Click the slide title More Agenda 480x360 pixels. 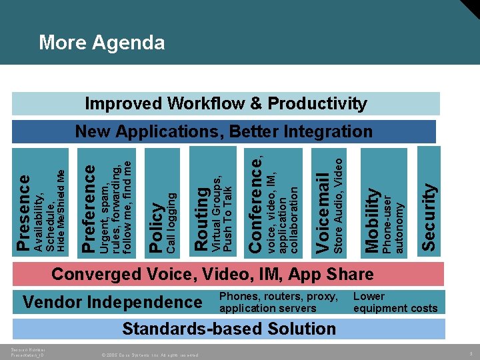click(101, 43)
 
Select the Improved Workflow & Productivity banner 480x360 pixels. click(226, 103)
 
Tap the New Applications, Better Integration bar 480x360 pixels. click(223, 131)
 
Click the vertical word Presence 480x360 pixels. click(23, 213)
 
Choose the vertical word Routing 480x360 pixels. click(201, 219)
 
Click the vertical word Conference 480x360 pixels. click(256, 203)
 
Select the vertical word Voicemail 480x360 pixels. click(323, 213)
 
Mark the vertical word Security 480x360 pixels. click(430, 217)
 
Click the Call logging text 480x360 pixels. click(171, 223)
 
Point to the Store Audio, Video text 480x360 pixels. click(338, 205)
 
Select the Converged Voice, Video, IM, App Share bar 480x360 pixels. click(212, 274)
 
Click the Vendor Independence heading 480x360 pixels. click(112, 302)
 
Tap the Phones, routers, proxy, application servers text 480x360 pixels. click(279, 302)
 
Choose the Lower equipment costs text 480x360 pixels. click(395, 302)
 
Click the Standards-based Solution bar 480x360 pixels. click(229, 329)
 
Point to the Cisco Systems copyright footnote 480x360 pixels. click(151, 355)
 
